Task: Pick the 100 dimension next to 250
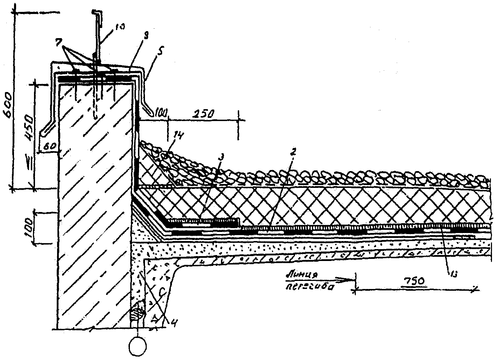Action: click(161, 113)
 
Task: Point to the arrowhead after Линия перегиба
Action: click(348, 279)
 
